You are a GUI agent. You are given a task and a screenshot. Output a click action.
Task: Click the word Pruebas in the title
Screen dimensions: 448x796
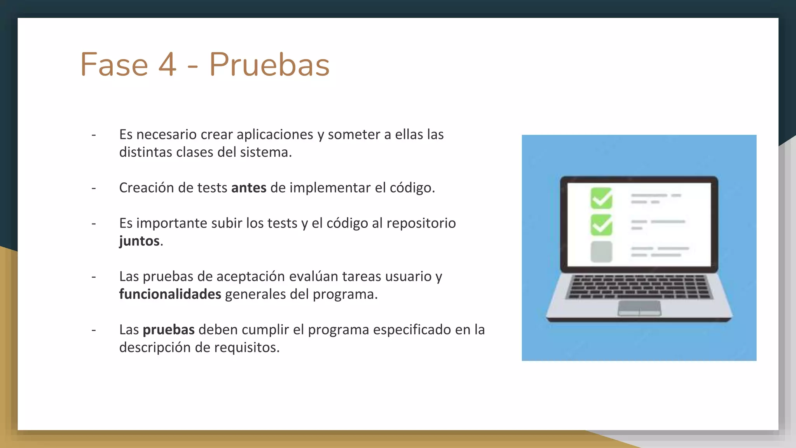269,65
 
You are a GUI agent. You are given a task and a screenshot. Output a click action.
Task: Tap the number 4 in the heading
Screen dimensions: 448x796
167,65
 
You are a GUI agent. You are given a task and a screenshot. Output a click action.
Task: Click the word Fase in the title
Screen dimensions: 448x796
114,65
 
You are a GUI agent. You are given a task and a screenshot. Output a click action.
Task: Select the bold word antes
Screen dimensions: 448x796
249,188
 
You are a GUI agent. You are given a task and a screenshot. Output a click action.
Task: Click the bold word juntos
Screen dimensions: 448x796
139,241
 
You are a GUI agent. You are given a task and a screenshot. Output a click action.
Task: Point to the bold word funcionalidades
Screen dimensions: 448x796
170,294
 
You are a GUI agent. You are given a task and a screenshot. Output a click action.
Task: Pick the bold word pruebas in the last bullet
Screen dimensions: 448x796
168,330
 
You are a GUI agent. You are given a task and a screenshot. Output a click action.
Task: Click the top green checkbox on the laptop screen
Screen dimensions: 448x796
601,198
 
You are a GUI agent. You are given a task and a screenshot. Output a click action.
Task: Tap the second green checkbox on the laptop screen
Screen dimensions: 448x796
601,225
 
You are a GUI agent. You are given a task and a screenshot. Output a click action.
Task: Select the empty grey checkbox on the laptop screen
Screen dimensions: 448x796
601,252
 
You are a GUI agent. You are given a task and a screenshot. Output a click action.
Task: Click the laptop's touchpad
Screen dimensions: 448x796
639,308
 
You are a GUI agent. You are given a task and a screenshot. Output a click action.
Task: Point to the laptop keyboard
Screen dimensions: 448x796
639,287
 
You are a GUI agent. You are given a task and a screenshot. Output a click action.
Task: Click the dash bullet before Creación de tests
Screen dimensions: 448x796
94,188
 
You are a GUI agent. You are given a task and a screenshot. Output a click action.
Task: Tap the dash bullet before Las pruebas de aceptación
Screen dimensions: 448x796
94,277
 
